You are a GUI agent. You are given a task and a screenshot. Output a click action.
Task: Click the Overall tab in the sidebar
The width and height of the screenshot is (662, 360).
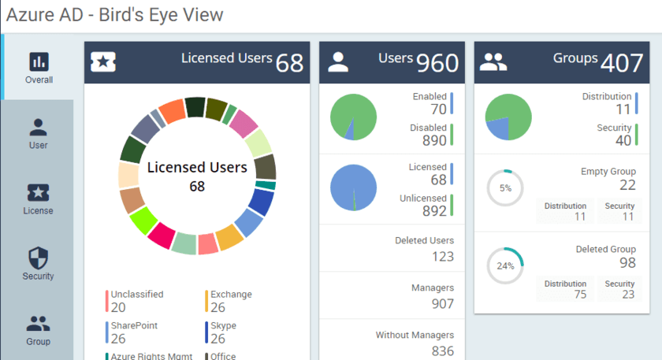tap(39, 68)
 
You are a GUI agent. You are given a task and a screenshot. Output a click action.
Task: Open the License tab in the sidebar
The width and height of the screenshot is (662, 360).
tap(38, 199)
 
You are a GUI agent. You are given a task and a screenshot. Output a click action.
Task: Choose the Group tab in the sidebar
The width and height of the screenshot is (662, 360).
tap(38, 330)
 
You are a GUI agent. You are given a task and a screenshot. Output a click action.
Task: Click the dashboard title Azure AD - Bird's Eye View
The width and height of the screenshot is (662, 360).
tap(115, 14)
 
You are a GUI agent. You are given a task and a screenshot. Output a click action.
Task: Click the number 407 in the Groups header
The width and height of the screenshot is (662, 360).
tap(622, 63)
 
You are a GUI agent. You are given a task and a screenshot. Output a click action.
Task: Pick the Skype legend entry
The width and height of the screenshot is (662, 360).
tap(223, 332)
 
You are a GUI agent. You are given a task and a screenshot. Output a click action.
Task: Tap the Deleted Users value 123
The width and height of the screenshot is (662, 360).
tap(443, 256)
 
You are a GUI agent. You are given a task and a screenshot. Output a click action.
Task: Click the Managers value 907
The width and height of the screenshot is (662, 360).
tap(443, 303)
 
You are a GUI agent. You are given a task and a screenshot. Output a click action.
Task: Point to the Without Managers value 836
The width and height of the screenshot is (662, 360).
tap(443, 351)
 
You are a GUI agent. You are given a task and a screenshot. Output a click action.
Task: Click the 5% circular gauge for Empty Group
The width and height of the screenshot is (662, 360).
tap(505, 188)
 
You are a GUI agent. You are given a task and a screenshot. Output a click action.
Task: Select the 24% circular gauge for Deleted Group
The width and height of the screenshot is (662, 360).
tap(505, 265)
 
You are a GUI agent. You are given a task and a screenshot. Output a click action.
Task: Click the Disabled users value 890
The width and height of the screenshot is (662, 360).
tap(433, 141)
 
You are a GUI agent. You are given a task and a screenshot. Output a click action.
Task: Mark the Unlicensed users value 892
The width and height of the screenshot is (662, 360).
tap(433, 210)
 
